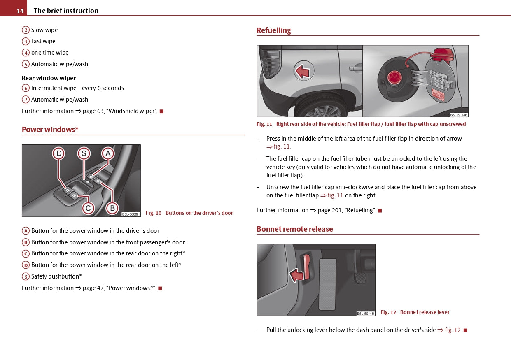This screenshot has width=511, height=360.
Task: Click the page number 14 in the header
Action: [20, 11]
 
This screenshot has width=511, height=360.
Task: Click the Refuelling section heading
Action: [273, 30]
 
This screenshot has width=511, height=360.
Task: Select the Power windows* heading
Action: [50, 130]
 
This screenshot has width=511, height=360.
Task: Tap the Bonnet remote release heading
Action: [294, 229]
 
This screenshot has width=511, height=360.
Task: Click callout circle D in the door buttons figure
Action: [59, 154]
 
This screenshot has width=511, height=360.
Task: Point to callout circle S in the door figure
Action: [84, 154]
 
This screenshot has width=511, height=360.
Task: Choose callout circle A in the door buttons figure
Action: [108, 154]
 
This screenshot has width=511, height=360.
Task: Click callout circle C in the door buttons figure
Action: [88, 208]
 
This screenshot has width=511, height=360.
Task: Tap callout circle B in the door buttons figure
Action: [112, 208]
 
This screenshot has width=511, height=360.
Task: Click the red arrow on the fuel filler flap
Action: [303, 72]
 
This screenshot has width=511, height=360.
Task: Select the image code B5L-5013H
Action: [459, 115]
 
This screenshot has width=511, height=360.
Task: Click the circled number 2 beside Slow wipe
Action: [26, 30]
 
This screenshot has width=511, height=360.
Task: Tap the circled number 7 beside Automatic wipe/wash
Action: [26, 100]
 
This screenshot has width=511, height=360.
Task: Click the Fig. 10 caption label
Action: [154, 213]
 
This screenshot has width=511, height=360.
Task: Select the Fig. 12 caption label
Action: [388, 312]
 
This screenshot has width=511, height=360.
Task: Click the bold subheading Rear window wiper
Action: [49, 78]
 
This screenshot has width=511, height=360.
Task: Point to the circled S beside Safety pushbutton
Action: [26, 276]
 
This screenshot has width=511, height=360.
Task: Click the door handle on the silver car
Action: [355, 67]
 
